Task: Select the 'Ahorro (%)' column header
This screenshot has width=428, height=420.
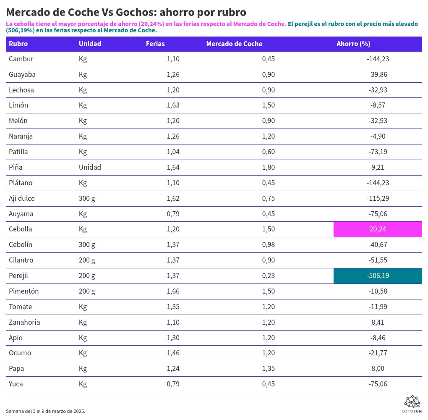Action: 353,44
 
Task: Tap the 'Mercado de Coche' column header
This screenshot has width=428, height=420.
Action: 234,44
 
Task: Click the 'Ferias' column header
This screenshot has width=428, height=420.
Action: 155,44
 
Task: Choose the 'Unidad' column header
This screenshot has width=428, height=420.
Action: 90,44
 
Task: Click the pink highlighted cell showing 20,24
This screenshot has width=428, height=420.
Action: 378,229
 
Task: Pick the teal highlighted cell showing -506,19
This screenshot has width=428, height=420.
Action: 378,276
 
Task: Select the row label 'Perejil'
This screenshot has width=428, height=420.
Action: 18,276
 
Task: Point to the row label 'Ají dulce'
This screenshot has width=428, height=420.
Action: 21,198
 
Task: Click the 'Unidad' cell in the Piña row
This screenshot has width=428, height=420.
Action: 90,167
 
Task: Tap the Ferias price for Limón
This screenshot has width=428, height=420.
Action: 173,105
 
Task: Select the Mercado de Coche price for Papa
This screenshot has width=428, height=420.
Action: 268,369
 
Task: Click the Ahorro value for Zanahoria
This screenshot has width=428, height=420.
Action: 378,323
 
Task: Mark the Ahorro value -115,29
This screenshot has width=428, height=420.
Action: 378,198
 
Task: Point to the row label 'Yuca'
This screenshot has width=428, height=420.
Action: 16,384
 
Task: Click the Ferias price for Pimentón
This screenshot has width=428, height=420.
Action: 173,291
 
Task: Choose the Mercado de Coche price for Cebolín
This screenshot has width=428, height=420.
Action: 268,245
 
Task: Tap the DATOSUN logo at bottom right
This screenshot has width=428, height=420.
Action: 412,404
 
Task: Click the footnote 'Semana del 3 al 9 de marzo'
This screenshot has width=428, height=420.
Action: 45,411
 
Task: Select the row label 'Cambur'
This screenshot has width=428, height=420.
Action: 21,59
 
